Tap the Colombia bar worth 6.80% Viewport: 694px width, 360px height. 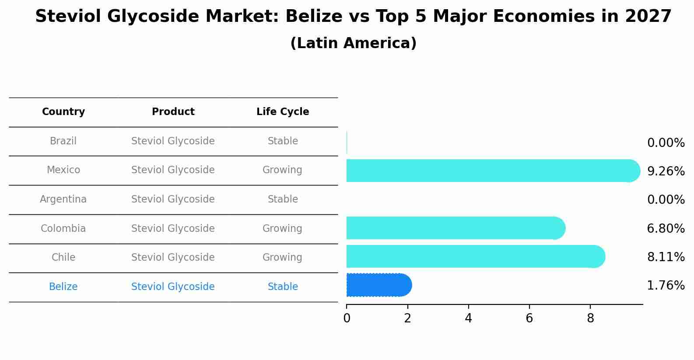click(x=455, y=228)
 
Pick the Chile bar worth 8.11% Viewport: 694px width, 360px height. click(x=475, y=256)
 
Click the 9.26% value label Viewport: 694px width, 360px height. click(x=666, y=171)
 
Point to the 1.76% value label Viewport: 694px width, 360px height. click(x=666, y=286)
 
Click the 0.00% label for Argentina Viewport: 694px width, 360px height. click(x=666, y=200)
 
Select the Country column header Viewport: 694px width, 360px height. click(x=63, y=112)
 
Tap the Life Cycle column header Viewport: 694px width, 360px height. click(x=283, y=112)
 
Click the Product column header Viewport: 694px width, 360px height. click(x=173, y=112)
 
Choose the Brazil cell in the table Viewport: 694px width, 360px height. click(x=63, y=141)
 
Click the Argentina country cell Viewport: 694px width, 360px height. click(x=63, y=199)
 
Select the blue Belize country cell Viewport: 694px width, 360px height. click(x=63, y=287)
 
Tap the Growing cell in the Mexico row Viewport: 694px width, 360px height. click(x=282, y=170)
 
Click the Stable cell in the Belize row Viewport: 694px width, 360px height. click(x=283, y=287)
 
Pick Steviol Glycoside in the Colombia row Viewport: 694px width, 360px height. click(x=173, y=229)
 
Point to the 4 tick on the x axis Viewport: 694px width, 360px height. click(x=468, y=318)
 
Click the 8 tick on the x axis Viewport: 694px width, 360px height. click(x=590, y=318)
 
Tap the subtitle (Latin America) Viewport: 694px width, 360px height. click(x=353, y=43)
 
